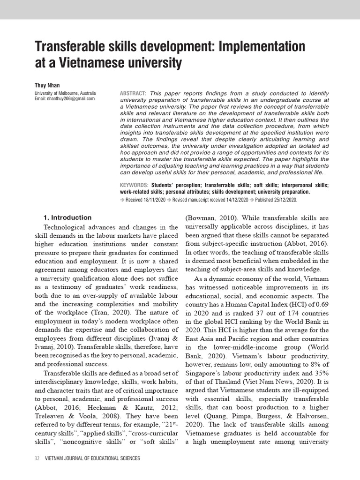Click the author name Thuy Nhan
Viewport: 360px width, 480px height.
click(x=47, y=85)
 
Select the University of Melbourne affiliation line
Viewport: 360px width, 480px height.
click(x=65, y=93)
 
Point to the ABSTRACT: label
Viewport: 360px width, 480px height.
click(x=133, y=93)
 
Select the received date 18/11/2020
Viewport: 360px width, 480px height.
click(x=156, y=200)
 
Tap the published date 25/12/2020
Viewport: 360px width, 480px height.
click(x=283, y=200)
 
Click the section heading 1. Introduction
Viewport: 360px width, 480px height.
click(x=67, y=217)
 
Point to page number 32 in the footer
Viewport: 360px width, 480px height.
click(x=37, y=458)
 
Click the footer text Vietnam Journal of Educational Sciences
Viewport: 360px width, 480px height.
click(x=92, y=458)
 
